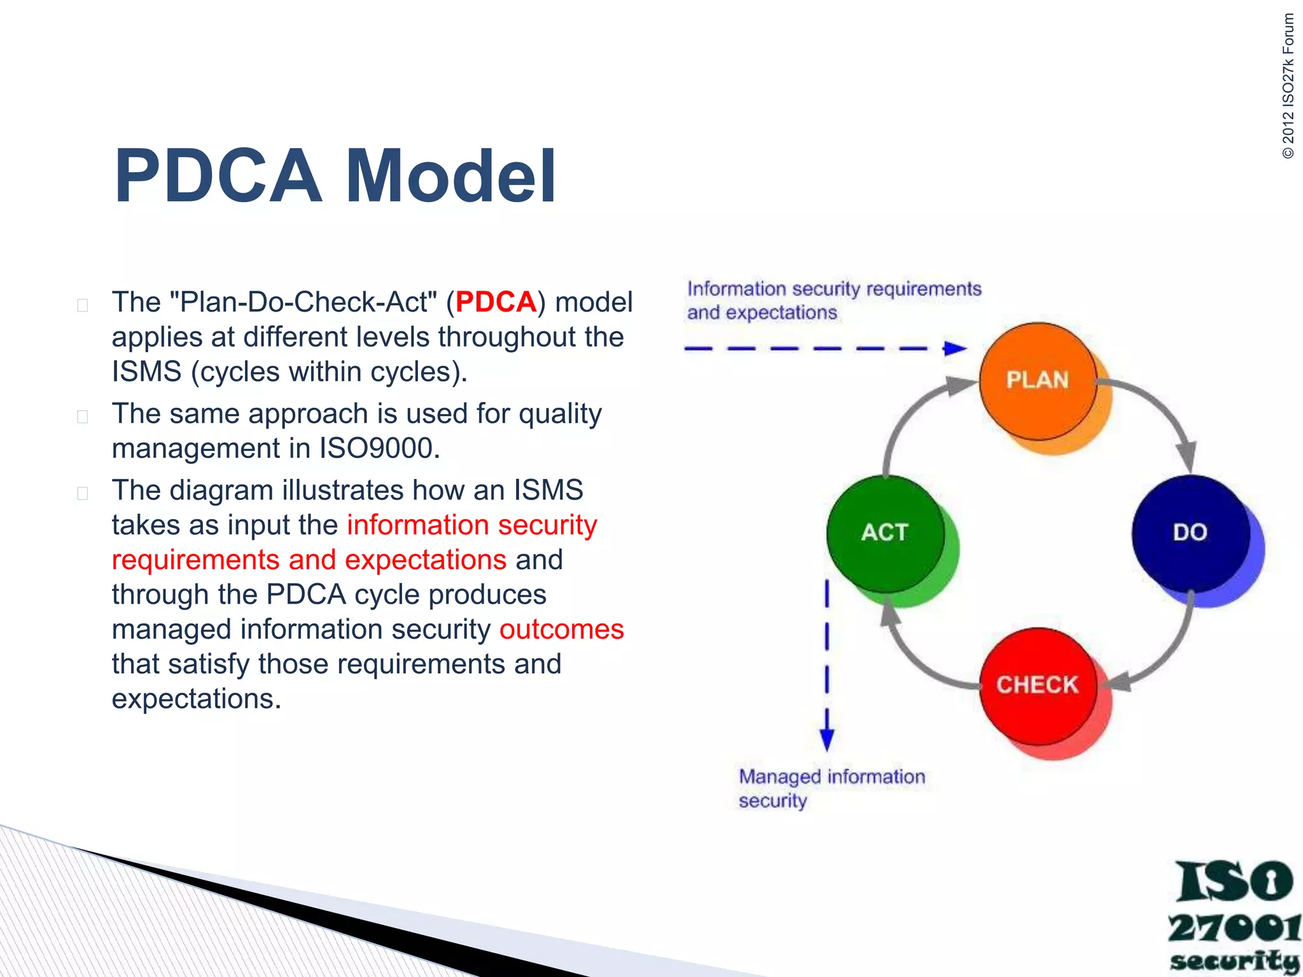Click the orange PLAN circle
click(x=1038, y=381)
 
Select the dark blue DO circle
click(x=1190, y=533)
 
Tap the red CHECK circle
click(x=1038, y=686)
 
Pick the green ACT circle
click(x=885, y=533)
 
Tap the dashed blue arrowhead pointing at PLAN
click(x=954, y=348)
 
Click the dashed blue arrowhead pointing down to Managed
click(x=826, y=739)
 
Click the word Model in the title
click(x=450, y=176)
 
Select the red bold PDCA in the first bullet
click(x=496, y=301)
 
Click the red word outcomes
click(x=561, y=629)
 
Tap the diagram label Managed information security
click(x=831, y=788)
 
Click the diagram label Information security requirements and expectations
click(x=833, y=300)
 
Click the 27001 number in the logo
click(x=1233, y=928)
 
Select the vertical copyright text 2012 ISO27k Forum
click(x=1288, y=86)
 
